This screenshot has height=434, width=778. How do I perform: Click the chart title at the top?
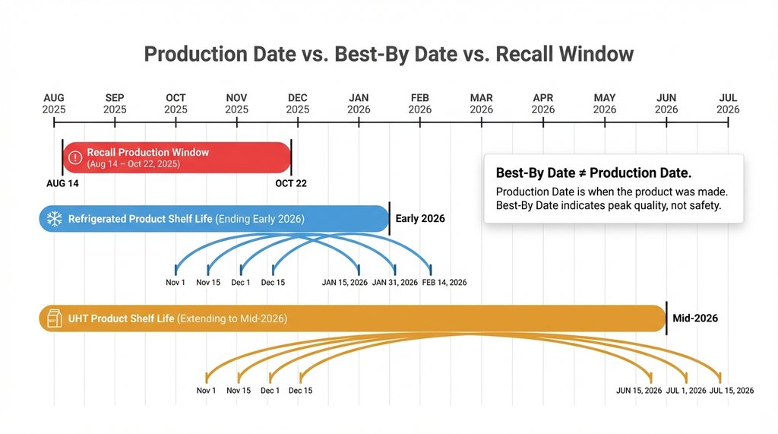[388, 55]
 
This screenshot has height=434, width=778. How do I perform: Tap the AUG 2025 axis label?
[54, 103]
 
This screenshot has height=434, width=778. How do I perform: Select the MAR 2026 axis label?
[481, 103]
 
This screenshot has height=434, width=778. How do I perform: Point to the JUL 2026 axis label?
[727, 103]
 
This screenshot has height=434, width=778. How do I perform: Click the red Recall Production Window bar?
[176, 157]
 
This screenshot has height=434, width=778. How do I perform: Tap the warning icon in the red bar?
[74, 157]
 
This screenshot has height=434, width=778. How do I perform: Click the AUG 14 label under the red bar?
[62, 183]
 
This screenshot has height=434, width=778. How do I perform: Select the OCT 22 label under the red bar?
[291, 183]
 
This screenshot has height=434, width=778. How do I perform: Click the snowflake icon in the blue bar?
[54, 219]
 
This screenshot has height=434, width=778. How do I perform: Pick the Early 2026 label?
[420, 219]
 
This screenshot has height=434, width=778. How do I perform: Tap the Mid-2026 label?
[694, 318]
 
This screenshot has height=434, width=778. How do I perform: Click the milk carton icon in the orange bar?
[54, 318]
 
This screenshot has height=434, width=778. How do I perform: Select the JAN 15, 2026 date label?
[344, 282]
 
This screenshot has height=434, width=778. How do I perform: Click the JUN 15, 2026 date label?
[638, 391]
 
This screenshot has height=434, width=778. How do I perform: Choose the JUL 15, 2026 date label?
[731, 391]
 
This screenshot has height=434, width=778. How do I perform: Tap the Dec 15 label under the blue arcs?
[273, 282]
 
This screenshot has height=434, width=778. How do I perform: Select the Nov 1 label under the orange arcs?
[206, 391]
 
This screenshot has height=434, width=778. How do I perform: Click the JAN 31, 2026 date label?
[395, 282]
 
